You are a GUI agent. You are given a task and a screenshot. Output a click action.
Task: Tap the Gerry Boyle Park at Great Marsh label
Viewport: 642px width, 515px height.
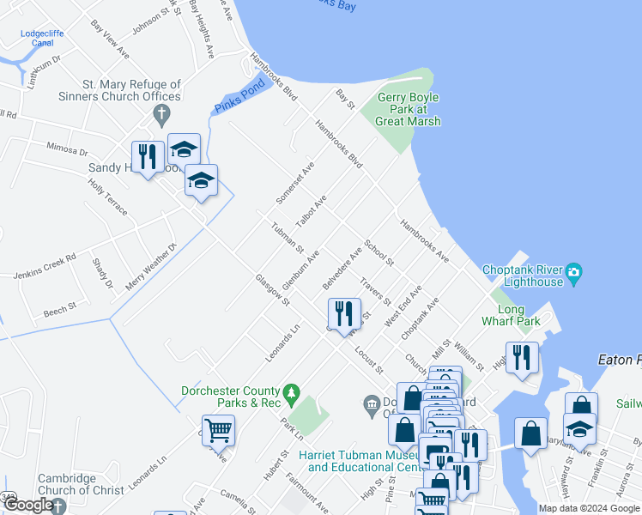408,109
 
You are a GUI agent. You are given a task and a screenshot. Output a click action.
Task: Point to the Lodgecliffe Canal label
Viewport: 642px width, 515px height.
37,39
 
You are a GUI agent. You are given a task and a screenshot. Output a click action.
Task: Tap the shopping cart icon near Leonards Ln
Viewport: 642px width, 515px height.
218,430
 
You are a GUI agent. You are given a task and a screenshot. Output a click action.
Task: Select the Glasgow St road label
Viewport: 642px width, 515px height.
272,289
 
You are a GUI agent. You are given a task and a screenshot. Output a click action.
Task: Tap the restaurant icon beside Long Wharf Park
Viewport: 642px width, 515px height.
522,357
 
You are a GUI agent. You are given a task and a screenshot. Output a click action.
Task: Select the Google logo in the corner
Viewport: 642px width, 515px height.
27,506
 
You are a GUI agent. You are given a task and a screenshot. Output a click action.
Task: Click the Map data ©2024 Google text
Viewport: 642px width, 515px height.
588,508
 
